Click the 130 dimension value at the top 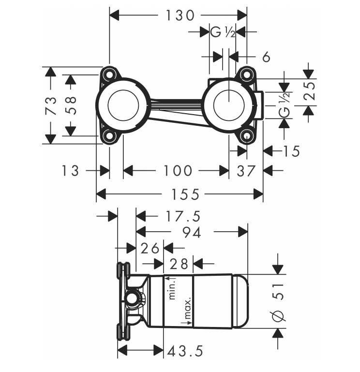point(180,15)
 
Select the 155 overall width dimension point(185,194)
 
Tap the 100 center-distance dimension point(178,171)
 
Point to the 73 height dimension point(51,105)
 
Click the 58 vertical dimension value point(71,105)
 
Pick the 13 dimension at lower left point(70,171)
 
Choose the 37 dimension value point(246,171)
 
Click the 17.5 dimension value point(183,216)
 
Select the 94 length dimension point(192,232)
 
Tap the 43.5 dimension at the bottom point(185,351)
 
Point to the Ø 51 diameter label point(278,302)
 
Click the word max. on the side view point(188,309)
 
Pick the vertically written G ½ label point(285,105)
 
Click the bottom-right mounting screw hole point(246,136)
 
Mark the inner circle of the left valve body point(123,105)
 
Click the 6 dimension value point(266,57)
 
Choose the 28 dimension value point(179,264)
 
